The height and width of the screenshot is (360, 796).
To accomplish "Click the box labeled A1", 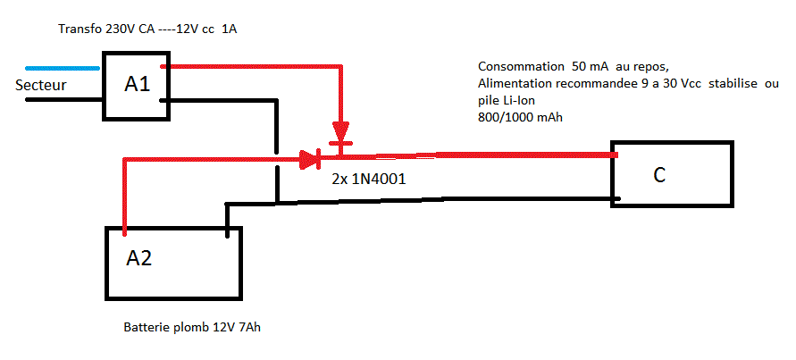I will pos(136,85).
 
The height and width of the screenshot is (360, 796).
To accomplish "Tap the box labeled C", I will pos(672,175).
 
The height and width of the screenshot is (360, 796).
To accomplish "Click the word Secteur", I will pos(43,86).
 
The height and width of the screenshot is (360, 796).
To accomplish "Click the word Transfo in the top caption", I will pos(79,29).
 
